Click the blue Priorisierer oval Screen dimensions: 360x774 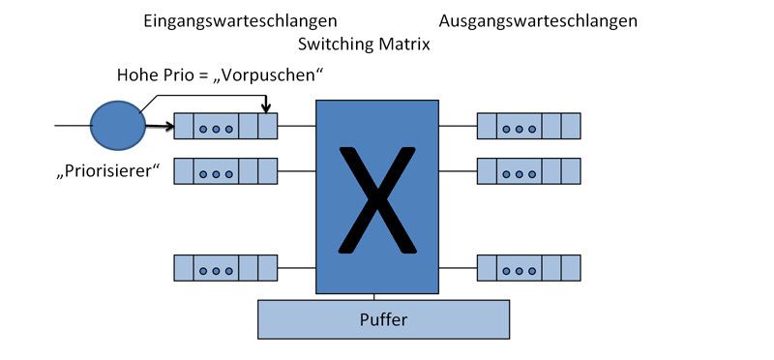(x=116, y=125)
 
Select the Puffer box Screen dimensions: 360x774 (x=383, y=319)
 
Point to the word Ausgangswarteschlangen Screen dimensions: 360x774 (x=538, y=20)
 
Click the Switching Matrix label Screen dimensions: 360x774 (x=365, y=45)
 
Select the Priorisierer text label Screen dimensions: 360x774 (x=107, y=174)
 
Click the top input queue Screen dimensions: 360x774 (x=225, y=126)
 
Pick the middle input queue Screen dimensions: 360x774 (x=225, y=171)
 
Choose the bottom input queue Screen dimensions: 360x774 (x=225, y=267)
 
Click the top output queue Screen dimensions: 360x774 (x=528, y=126)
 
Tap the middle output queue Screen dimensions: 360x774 (x=528, y=171)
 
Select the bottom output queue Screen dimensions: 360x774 (x=528, y=267)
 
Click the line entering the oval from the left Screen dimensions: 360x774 (x=73, y=125)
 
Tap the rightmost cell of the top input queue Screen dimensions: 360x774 (x=268, y=126)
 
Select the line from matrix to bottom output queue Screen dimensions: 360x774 (x=458, y=267)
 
